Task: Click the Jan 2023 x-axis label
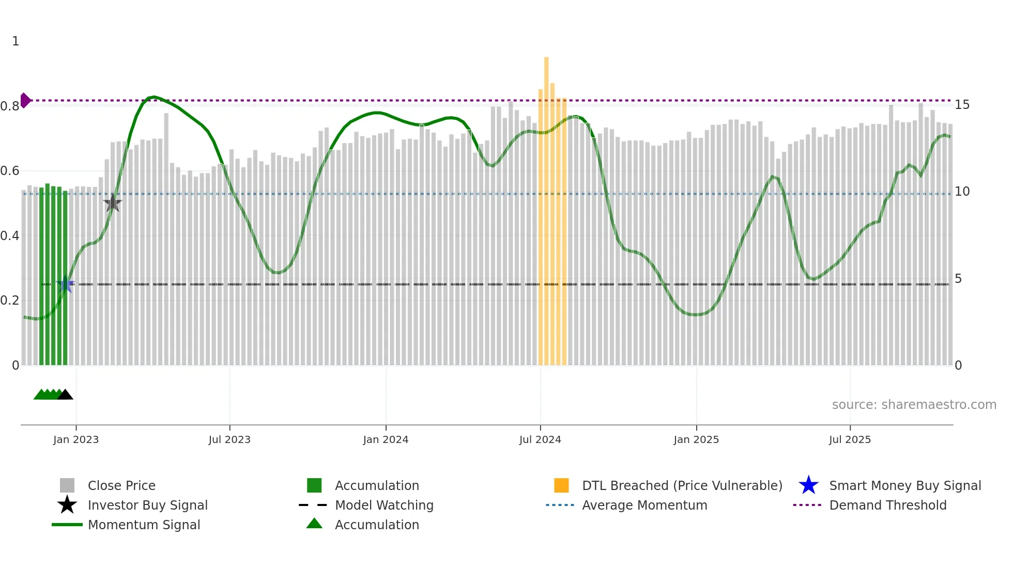coord(76,439)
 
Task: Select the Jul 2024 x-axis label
coord(540,439)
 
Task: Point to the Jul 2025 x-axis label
coord(850,439)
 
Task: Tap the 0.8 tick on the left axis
coord(10,106)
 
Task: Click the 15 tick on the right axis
coord(962,105)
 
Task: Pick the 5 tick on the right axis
coord(958,279)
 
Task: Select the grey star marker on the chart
coord(113,203)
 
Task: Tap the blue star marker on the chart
coord(65,284)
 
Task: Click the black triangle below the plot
coord(65,395)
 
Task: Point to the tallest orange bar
coord(546,207)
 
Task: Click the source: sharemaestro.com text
coord(914,405)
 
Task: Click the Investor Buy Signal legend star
coord(67,505)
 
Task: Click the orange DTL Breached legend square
coord(561,485)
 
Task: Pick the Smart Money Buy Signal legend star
coord(808,485)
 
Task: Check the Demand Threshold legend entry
coord(887,505)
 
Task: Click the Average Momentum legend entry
coord(644,505)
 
